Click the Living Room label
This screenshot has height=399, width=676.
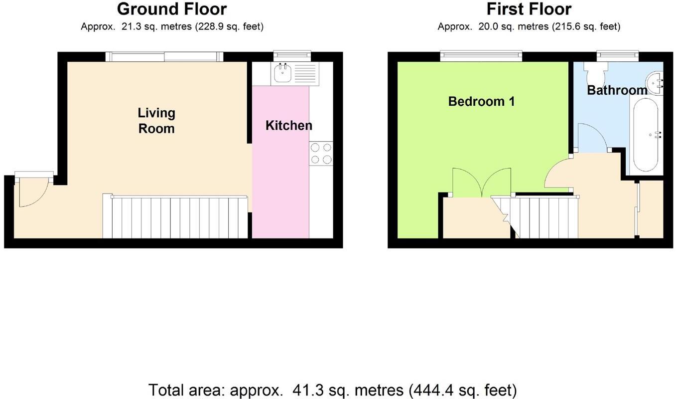(x=156, y=121)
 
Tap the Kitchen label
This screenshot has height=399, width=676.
(x=288, y=126)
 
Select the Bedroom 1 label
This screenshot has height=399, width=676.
(x=481, y=102)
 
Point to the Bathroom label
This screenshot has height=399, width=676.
(x=617, y=90)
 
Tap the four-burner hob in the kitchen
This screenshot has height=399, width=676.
(x=321, y=154)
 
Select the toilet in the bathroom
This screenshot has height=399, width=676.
(x=595, y=74)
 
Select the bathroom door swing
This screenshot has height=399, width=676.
(x=591, y=137)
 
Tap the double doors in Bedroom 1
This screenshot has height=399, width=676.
(x=481, y=183)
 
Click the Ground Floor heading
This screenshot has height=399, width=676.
(x=172, y=9)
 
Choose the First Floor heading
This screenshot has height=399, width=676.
(x=529, y=9)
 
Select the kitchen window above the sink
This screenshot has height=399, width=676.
(x=292, y=55)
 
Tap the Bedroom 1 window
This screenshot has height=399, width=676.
(x=481, y=55)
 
